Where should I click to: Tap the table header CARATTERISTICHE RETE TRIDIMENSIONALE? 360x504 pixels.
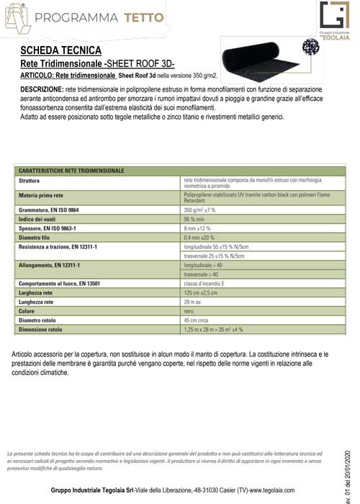(x=72, y=171)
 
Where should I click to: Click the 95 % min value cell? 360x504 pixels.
(x=195, y=218)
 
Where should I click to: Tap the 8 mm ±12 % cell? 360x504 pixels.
(x=200, y=228)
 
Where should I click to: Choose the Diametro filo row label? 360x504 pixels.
(x=37, y=237)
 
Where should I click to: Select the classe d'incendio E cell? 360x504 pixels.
(x=206, y=284)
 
